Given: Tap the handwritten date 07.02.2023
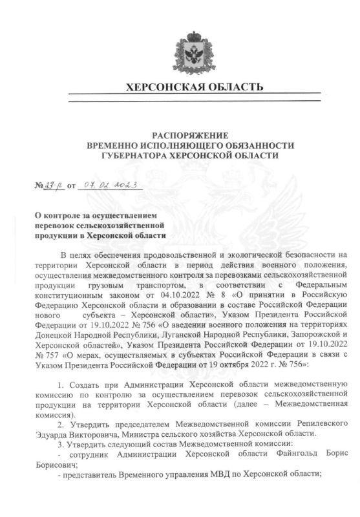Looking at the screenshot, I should pos(116,185).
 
